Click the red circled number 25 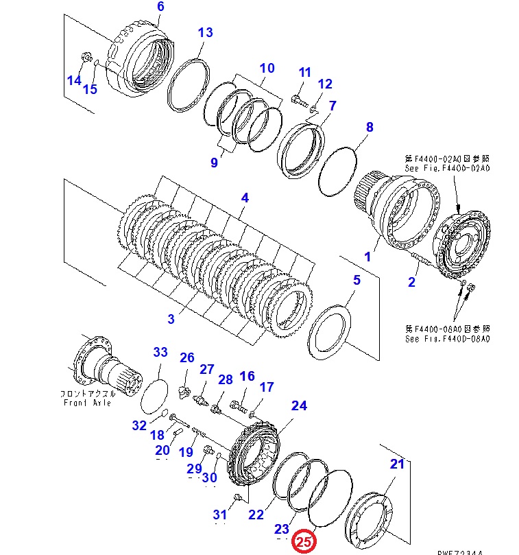click(x=304, y=541)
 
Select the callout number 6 click(x=160, y=7)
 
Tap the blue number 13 click(x=205, y=32)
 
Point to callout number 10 click(x=267, y=68)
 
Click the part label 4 click(x=244, y=198)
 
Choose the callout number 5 click(x=357, y=280)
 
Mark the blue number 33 click(x=160, y=353)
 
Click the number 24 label click(x=299, y=405)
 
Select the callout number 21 click(x=398, y=464)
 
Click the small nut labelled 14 click(x=86, y=58)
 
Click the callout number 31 click(x=219, y=515)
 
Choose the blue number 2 click(x=412, y=282)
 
